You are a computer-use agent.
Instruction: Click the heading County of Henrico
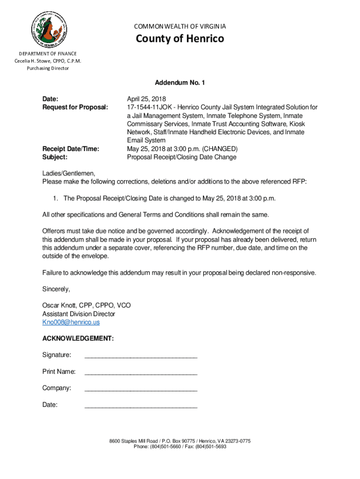tap(180, 38)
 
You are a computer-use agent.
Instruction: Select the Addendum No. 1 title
tap(180, 83)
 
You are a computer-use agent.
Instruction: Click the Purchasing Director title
tap(49, 68)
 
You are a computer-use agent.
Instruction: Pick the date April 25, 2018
tap(146, 99)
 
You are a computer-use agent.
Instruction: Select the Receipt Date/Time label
tap(71, 149)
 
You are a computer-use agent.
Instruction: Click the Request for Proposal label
tap(75, 108)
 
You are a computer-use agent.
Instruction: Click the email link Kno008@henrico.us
tap(71, 322)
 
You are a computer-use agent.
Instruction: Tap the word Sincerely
tap(56, 289)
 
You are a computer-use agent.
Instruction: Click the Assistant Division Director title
tap(79, 314)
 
